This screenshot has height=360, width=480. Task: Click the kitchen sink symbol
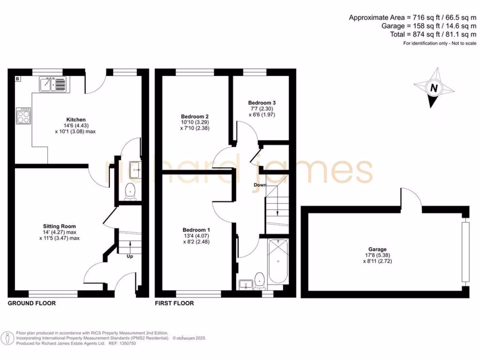(x=53, y=84)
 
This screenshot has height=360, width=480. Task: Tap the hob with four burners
(x=23, y=115)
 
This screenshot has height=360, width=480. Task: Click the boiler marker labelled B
(x=17, y=79)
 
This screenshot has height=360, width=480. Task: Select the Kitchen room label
(x=76, y=120)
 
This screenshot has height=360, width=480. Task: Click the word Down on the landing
(x=260, y=185)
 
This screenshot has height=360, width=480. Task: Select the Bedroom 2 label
(x=195, y=117)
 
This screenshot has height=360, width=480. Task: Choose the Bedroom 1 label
(x=196, y=230)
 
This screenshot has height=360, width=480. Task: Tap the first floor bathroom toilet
(x=261, y=280)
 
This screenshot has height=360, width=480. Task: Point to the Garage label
(x=377, y=249)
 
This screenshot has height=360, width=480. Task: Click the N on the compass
(x=434, y=88)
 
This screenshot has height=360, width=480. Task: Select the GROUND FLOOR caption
(x=32, y=303)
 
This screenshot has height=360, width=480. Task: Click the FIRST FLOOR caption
(x=174, y=303)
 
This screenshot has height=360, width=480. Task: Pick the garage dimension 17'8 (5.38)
(x=377, y=255)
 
